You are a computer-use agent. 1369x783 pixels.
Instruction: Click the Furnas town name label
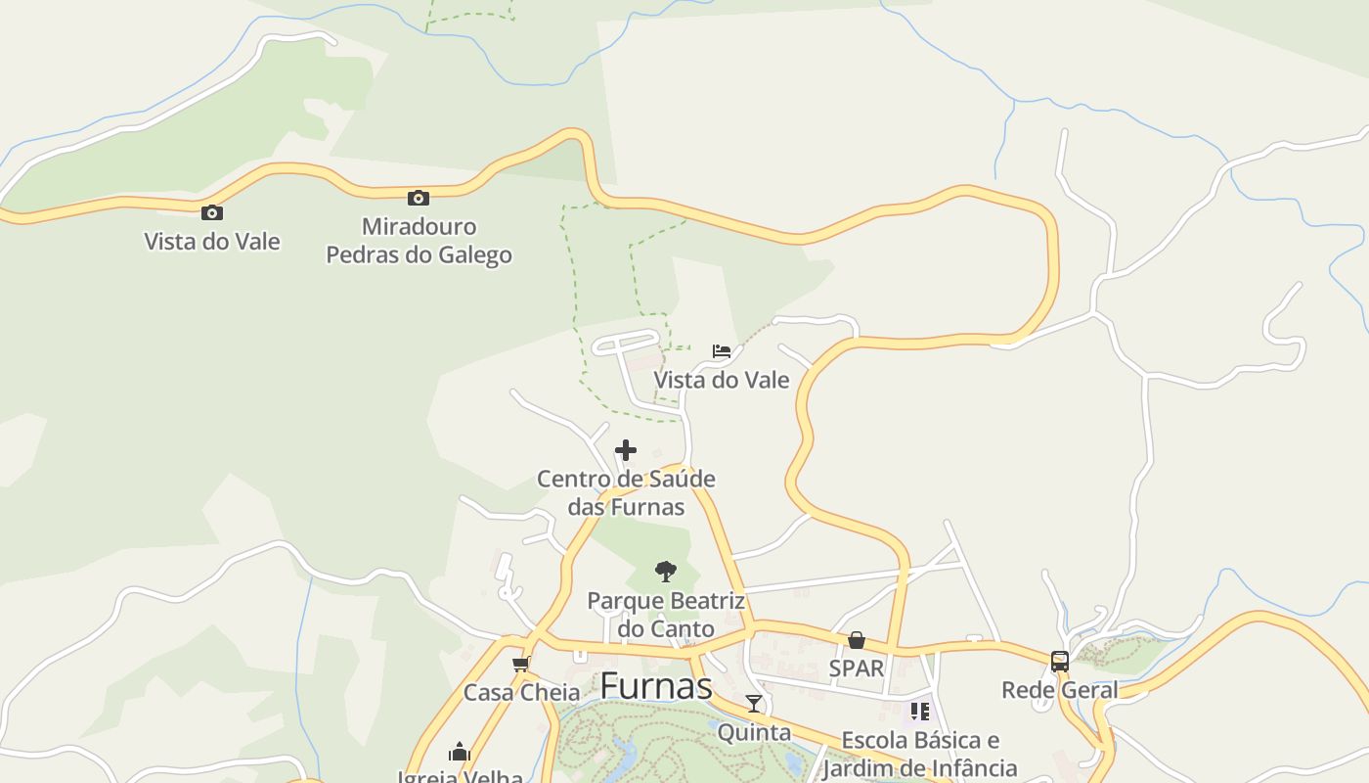tap(655, 686)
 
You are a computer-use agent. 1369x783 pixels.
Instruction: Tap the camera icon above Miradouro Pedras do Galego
tap(419, 198)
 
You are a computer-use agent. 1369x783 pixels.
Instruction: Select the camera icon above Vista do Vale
tap(211, 212)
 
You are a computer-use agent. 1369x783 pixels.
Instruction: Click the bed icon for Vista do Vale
tap(722, 351)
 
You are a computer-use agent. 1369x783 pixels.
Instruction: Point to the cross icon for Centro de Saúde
tap(626, 450)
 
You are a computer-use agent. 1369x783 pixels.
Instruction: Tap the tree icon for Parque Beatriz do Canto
tap(665, 571)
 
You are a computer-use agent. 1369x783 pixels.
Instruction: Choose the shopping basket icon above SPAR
tap(857, 640)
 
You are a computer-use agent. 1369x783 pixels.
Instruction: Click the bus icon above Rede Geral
tap(1059, 662)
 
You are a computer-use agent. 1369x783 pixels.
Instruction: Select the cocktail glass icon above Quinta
tap(753, 704)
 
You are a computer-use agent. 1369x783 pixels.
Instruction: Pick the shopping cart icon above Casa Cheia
tap(520, 665)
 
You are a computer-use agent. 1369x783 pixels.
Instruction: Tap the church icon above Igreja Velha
tap(460, 752)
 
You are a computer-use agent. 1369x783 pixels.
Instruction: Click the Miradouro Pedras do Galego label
tap(419, 241)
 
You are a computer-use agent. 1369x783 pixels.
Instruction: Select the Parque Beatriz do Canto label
tap(666, 614)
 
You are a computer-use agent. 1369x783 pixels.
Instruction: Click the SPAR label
tap(857, 668)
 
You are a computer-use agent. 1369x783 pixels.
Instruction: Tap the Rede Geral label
tap(1059, 690)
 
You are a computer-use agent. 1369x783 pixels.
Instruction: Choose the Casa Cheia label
tap(521, 693)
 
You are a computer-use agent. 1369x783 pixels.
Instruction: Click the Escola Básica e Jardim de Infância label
tap(920, 754)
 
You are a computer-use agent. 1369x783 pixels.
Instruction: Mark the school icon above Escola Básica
tap(919, 712)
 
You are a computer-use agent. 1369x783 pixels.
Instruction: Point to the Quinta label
tap(754, 732)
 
